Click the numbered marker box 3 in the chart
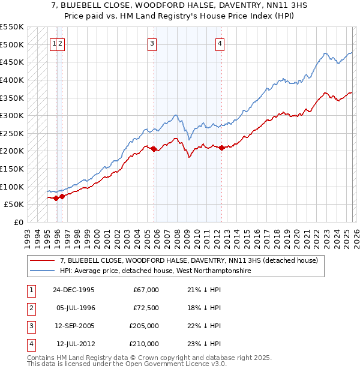pos(152,43)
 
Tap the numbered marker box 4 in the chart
pos(220,43)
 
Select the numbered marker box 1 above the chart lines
pos(54,43)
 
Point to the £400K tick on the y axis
pos(12,80)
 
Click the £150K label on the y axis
pos(12,169)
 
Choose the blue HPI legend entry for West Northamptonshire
pos(155,271)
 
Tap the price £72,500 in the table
pos(146,308)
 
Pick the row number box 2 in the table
pos(31,308)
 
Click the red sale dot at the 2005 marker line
pos(154,149)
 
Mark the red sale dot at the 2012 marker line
pos(221,148)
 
